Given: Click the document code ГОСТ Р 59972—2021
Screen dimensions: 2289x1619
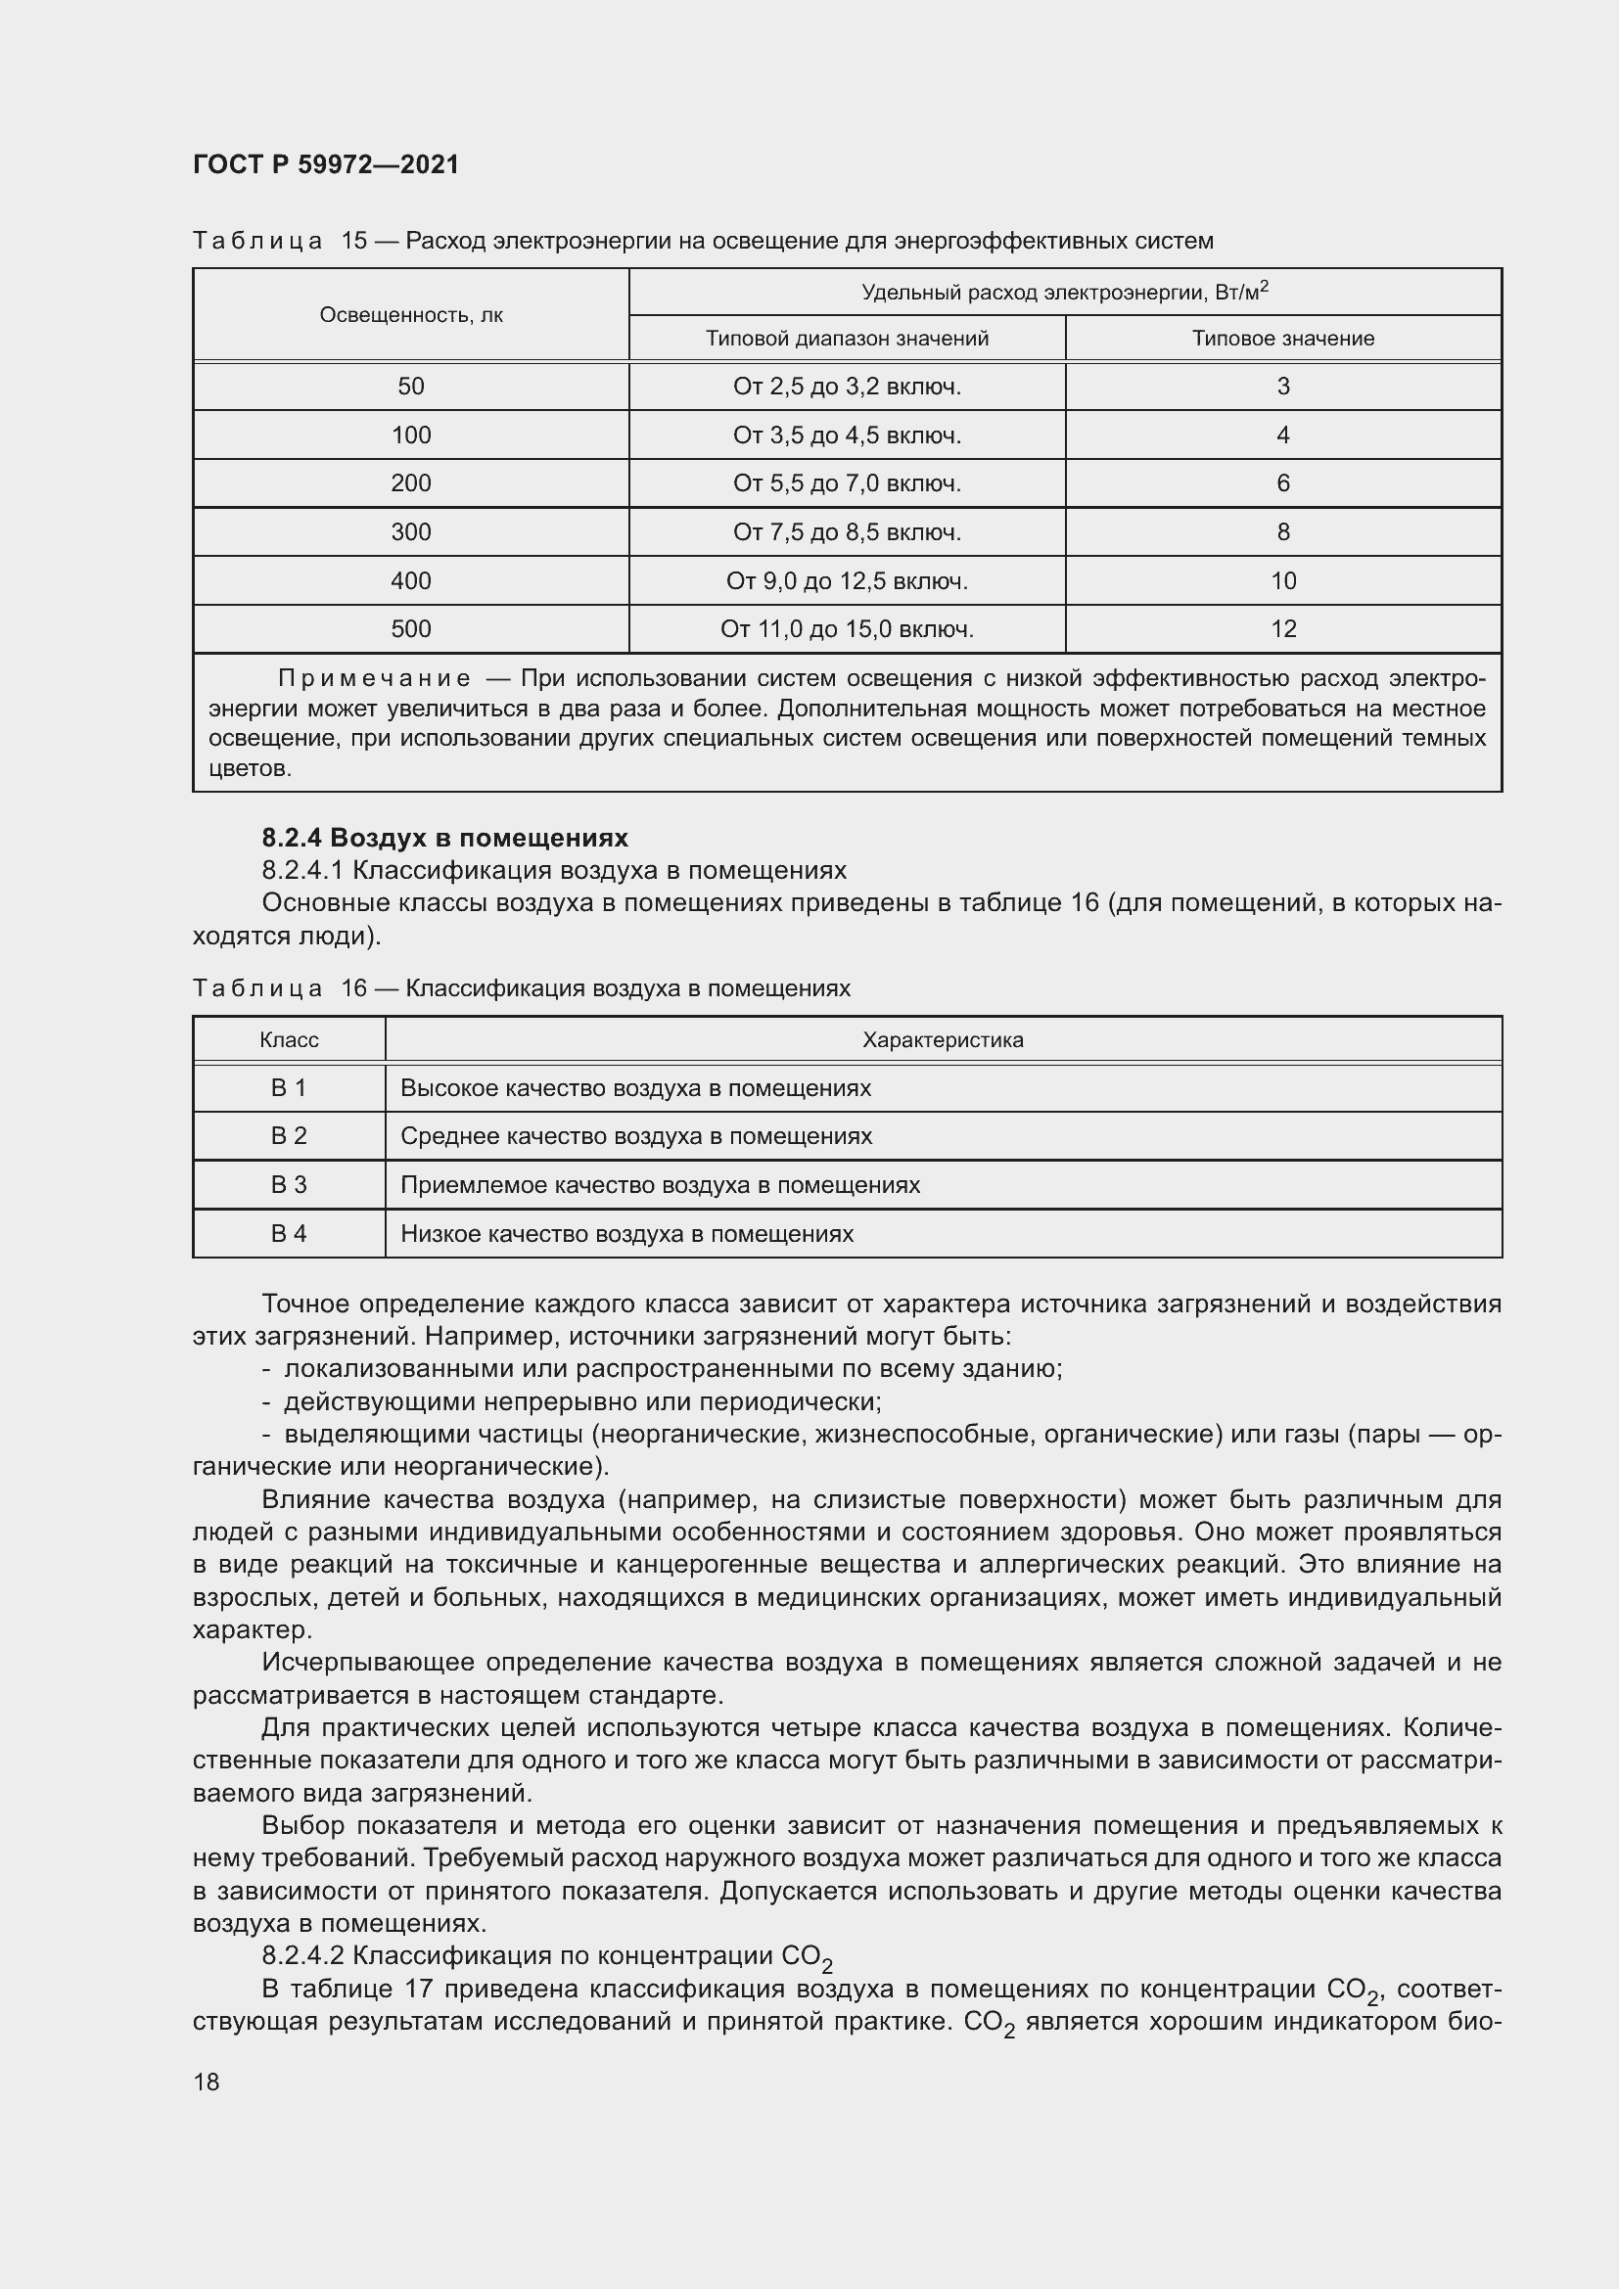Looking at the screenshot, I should pos(326,164).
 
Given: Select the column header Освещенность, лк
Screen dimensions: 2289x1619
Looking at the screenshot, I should pos(411,315).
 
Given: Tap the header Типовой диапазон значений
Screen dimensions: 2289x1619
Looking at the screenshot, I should pos(847,338).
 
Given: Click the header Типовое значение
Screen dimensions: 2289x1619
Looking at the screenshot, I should pos(1283,338).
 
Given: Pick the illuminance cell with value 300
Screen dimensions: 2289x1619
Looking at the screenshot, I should pos(411,532).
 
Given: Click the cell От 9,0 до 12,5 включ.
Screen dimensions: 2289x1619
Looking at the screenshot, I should pos(847,580).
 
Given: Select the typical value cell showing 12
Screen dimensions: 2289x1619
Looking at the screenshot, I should pos(1283,629).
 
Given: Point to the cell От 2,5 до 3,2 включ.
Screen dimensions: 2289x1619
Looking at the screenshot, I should pos(847,387).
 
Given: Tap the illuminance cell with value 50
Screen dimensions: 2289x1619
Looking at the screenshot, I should pos(411,387).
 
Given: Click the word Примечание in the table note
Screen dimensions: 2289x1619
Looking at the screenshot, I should pos(374,679).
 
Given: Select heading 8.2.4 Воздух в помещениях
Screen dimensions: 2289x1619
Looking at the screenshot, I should pos(444,838).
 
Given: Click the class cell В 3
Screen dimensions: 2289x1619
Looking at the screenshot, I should pos(289,1184).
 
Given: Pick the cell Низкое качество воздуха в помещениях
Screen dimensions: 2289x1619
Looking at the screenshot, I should pos(627,1233).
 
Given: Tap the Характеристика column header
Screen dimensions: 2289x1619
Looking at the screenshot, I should pos(942,1040).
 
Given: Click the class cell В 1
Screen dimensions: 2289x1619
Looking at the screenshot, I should pos(289,1087).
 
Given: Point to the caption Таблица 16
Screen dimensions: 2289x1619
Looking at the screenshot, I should pos(280,988).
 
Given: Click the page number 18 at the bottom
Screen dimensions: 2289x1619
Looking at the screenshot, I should pos(207,2082).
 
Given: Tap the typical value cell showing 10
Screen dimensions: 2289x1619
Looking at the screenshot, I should pos(1283,580).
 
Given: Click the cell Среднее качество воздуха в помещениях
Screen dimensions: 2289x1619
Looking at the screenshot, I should pos(636,1135).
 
